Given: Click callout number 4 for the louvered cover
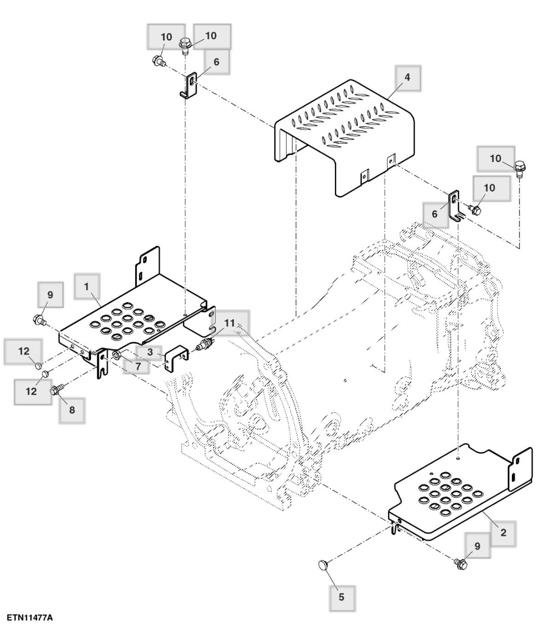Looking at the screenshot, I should pos(407,77).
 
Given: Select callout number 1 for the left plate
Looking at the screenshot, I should pos(86,286).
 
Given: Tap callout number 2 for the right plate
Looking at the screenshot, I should pos(503,533).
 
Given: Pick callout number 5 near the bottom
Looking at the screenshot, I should pos(341,597).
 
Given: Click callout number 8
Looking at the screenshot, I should pos(72,409).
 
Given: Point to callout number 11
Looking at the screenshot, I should pos(229,323).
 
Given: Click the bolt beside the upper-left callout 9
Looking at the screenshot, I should pos(39,319).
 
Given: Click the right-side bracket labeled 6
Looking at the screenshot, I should pos(455,206).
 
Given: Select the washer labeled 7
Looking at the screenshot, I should pos(116,355).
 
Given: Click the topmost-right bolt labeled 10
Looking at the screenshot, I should pos(520,167).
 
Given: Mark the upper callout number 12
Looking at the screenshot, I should pos(24,351).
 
